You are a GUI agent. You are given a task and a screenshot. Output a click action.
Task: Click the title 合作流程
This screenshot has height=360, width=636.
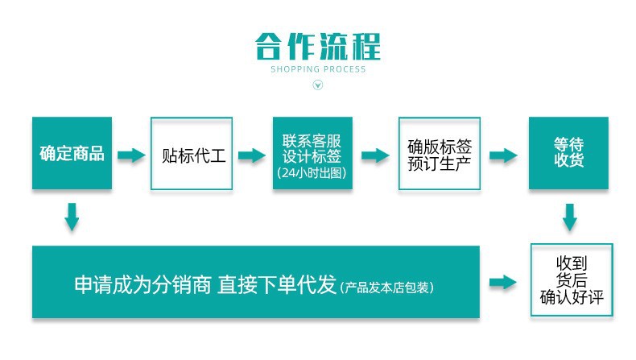point(317,46)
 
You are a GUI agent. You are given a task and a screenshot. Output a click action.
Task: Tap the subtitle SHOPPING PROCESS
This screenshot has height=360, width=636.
point(317,69)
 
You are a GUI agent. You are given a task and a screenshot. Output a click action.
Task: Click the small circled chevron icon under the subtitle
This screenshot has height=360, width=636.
point(317,86)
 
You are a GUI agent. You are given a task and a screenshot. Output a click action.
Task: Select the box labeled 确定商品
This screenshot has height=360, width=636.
point(72,154)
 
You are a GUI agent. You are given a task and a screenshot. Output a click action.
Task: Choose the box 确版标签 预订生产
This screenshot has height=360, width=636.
point(440,154)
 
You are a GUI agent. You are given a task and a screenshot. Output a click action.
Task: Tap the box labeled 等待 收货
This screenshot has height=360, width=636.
point(568,152)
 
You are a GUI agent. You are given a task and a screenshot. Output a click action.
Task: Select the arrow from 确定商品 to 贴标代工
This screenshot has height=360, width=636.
point(131,155)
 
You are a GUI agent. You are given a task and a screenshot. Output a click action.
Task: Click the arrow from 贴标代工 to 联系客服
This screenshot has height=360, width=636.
point(252,155)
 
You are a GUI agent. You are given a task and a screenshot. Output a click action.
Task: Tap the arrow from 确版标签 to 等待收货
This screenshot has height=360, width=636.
point(503,155)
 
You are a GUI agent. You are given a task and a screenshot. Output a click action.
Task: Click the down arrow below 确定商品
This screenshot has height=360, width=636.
point(72,217)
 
